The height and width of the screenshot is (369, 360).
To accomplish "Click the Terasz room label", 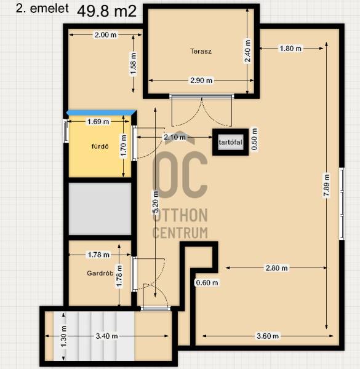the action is pos(201,51).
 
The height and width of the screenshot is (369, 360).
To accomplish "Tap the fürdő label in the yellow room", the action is pos(100,146).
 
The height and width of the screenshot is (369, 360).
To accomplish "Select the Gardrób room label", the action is pos(100,273).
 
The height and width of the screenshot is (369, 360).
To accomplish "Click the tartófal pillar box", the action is pos(231,142).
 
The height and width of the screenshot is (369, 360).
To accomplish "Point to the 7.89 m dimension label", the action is pos(327,185).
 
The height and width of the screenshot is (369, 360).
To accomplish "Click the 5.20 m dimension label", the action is pos(156,202).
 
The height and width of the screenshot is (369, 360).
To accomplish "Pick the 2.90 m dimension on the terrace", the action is pos(201,81).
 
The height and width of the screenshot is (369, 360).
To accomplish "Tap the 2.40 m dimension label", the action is pos(247,51).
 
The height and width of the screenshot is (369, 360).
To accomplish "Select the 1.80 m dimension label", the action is pos(290,49).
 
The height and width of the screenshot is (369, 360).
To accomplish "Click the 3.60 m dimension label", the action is pos(268,336).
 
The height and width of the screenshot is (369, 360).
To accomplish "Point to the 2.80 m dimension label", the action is pos(277,268).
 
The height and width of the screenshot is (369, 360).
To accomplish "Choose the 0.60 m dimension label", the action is pos(207,282).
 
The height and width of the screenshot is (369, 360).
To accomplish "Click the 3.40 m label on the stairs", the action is pos(107,336).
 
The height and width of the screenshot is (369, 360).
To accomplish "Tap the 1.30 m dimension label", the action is pos(63,336).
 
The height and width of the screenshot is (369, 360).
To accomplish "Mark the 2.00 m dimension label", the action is pos(105,35).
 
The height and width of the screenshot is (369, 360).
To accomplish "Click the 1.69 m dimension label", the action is pos(98,122).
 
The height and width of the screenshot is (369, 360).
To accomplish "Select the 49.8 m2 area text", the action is pos(106,11).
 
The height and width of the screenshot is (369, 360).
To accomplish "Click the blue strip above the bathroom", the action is pos(102,113).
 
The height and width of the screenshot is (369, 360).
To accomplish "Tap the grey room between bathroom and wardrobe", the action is pos(100,208).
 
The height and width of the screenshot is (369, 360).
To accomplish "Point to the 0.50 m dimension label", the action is pos(255,139).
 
